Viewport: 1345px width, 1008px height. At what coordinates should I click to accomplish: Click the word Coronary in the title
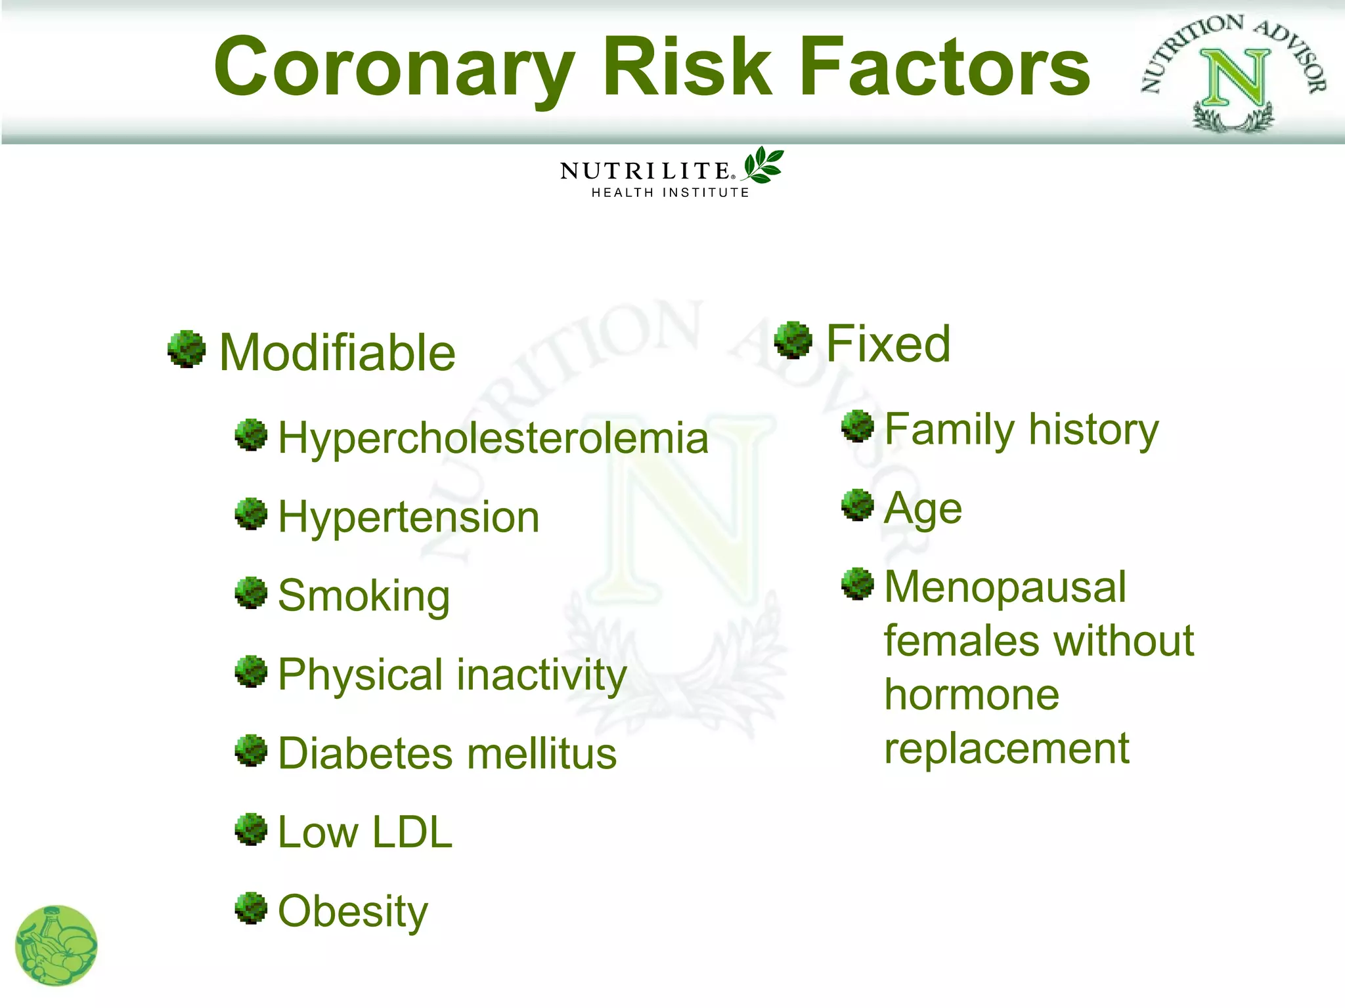point(394,68)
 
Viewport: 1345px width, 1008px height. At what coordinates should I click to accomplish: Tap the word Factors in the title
point(944,68)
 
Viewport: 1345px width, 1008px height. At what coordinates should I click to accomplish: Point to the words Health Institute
point(670,192)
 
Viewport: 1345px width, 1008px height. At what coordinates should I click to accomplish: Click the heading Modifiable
point(337,353)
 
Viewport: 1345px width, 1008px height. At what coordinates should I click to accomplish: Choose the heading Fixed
point(888,344)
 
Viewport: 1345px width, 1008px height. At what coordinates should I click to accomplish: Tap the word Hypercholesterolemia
point(493,438)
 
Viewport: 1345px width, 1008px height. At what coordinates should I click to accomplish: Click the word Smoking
point(364,596)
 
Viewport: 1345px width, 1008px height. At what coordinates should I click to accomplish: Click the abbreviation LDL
point(412,832)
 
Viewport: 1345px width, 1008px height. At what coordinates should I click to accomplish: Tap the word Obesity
point(353,911)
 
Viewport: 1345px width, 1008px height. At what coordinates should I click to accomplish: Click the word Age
point(923,509)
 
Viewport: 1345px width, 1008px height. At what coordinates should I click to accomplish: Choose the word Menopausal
point(1005,587)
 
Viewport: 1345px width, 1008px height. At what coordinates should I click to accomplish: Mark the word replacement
point(1006,748)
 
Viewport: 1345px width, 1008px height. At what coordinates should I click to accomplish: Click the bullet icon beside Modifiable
point(187,348)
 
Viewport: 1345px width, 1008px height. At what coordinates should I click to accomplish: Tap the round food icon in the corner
point(56,946)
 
